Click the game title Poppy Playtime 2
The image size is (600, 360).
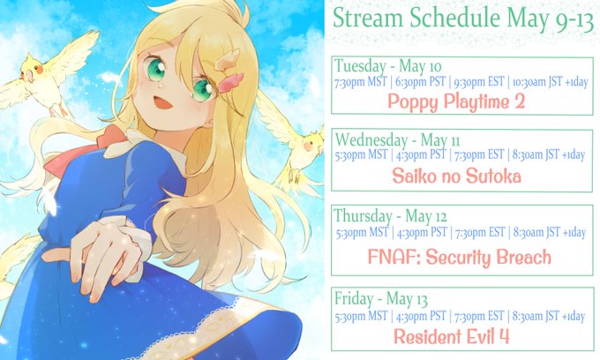456,101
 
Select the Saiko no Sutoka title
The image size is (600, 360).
456,176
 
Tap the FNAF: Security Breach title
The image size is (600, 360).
459,257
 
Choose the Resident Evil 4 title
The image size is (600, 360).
452,337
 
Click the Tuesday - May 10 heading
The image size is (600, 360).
388,66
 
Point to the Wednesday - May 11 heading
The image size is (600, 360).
398,139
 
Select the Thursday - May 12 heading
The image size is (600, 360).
390,216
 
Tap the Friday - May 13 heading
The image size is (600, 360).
381,299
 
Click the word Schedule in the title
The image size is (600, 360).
455,19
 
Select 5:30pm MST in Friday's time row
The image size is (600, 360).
361,316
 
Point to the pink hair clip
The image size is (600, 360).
231,83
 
